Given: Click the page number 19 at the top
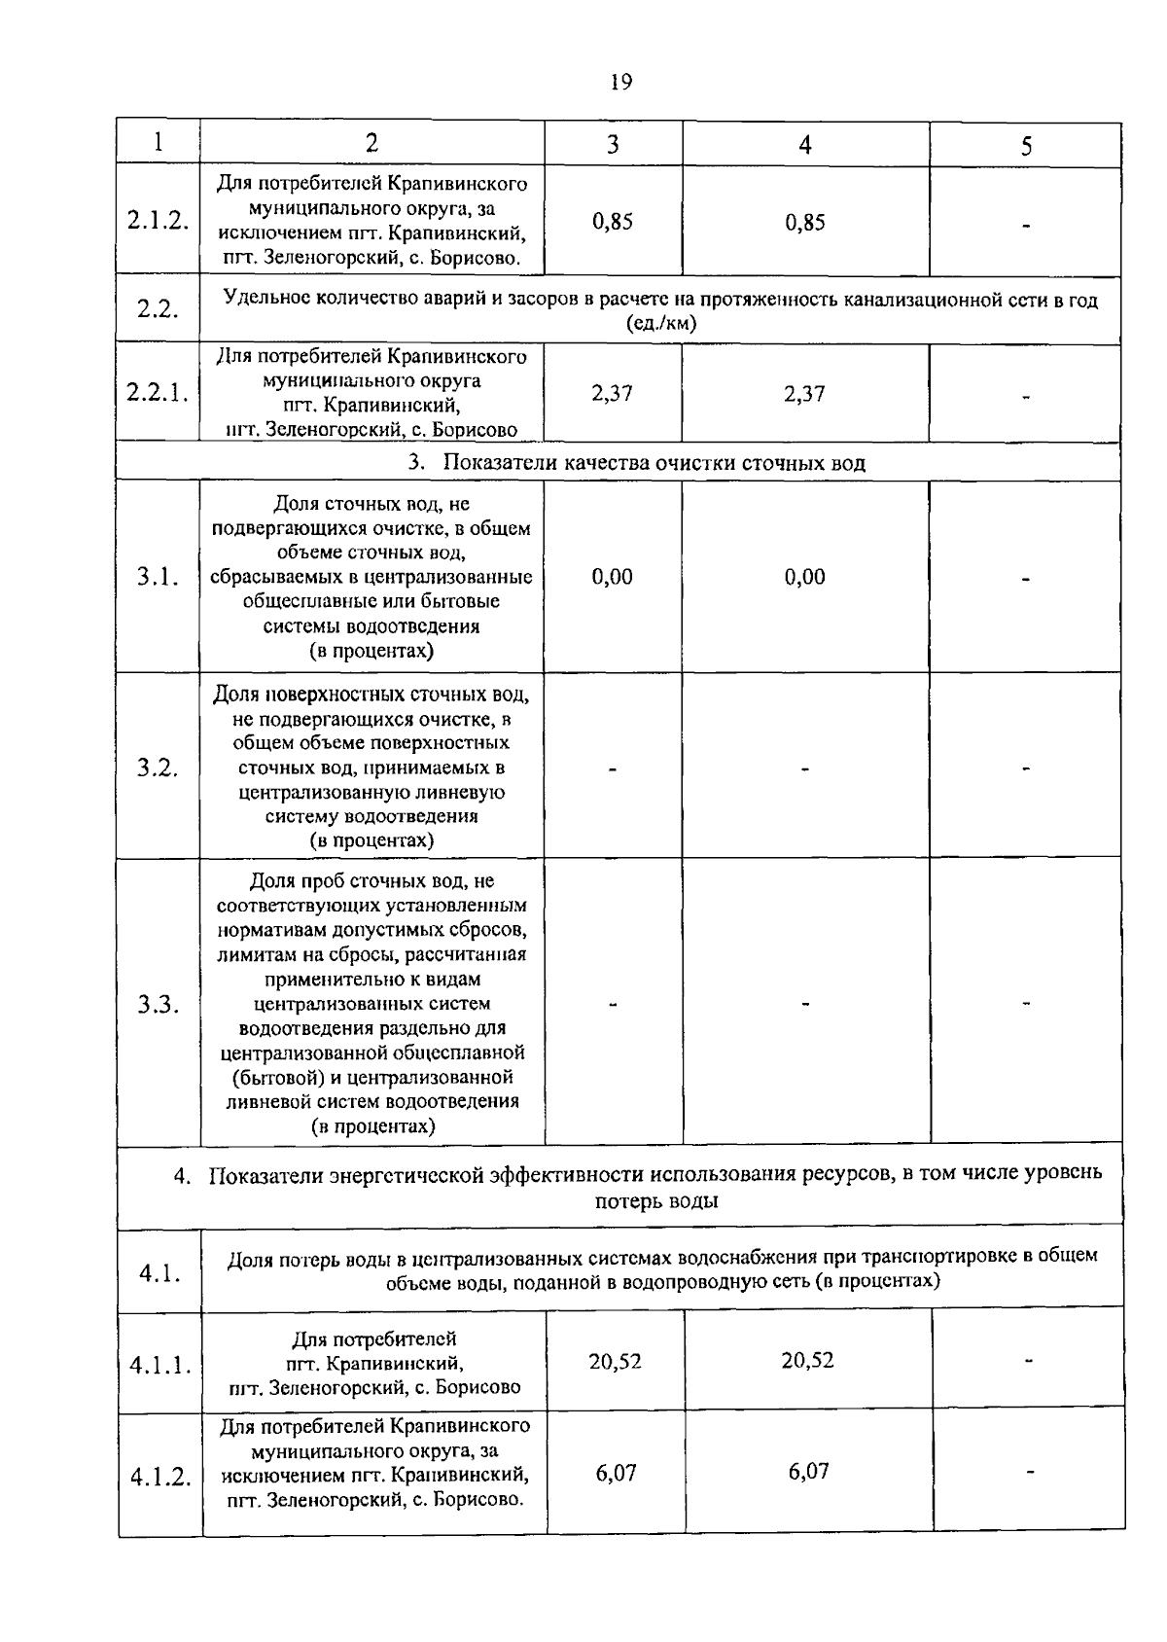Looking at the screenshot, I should (x=621, y=82).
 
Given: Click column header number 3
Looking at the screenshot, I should (x=613, y=144).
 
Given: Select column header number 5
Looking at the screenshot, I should (x=1025, y=145).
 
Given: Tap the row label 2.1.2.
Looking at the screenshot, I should (x=158, y=220).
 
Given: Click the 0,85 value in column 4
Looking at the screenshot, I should (x=805, y=223).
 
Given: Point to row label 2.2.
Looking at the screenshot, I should (x=158, y=309).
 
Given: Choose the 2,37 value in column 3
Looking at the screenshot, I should (x=613, y=393).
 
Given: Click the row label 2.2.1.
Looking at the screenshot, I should (x=158, y=393).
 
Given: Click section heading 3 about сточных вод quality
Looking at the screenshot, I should (x=637, y=462).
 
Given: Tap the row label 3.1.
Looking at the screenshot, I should (x=158, y=577).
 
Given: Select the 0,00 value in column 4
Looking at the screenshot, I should (x=805, y=577).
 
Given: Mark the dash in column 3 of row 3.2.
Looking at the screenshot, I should (x=613, y=769).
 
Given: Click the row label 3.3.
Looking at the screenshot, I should (x=158, y=1005).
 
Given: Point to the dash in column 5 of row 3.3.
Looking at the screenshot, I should (x=1026, y=1005).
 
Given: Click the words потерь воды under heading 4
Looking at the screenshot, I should (x=656, y=1200).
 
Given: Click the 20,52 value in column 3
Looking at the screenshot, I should (x=615, y=1360).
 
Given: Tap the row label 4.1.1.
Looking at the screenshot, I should (x=159, y=1365).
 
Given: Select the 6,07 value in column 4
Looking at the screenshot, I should (x=808, y=1471).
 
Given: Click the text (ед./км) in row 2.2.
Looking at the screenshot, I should (x=661, y=324).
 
